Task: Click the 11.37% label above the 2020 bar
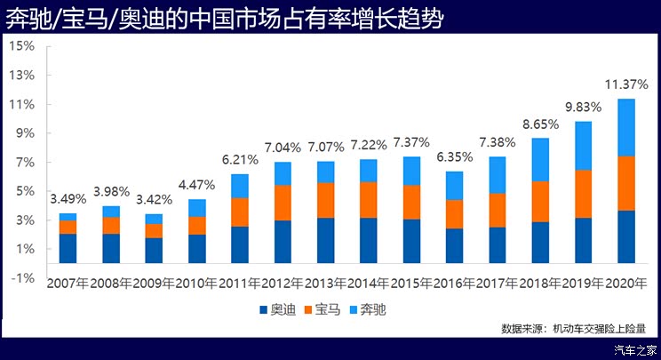tap(625, 85)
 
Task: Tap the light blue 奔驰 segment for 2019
tap(583, 146)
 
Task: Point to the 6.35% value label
tap(455, 156)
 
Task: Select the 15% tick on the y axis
tap(22, 46)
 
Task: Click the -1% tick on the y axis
tap(22, 277)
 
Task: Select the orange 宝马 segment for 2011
tap(239, 212)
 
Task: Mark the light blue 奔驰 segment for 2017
tap(497, 175)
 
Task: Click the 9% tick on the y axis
tap(24, 133)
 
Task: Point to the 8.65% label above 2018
tap(540, 124)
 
